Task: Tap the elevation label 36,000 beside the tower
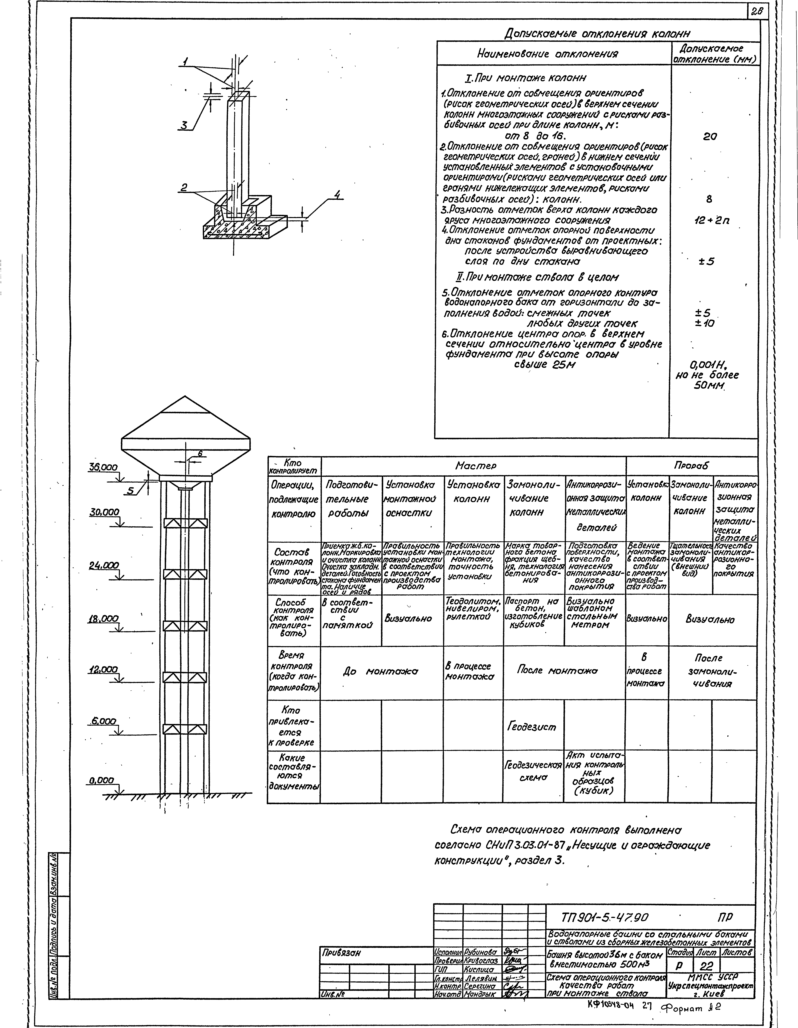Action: (x=103, y=467)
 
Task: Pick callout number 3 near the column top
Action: (x=185, y=125)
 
